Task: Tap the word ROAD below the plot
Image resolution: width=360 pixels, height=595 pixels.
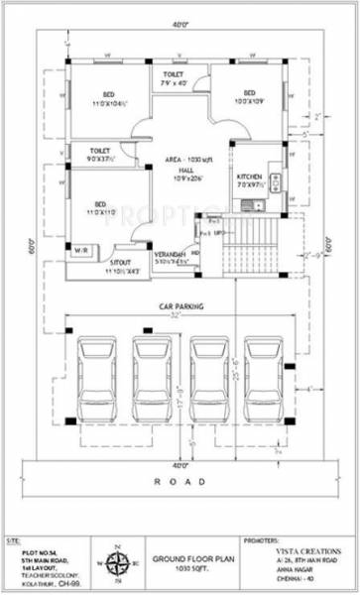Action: tap(180, 481)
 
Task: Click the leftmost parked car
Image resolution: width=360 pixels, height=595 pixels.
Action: tap(96, 380)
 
